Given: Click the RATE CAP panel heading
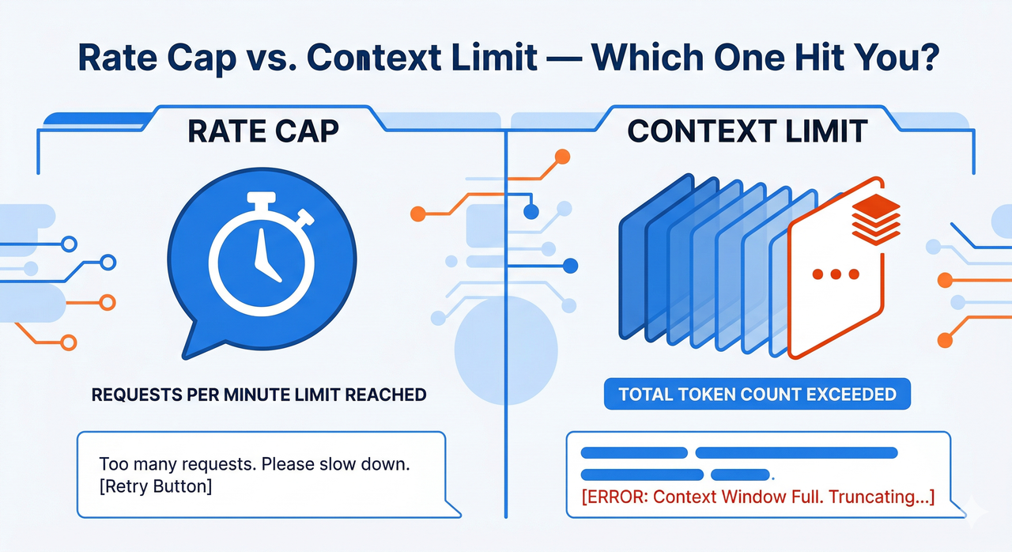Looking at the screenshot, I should pos(263,131).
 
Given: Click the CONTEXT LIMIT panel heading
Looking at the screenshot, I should pos(746,131).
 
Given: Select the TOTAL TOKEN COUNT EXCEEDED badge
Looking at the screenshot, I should pos(757,394).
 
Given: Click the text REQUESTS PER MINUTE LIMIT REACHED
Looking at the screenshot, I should pos(259,394).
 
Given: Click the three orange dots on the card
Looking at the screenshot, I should pos(836,274).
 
